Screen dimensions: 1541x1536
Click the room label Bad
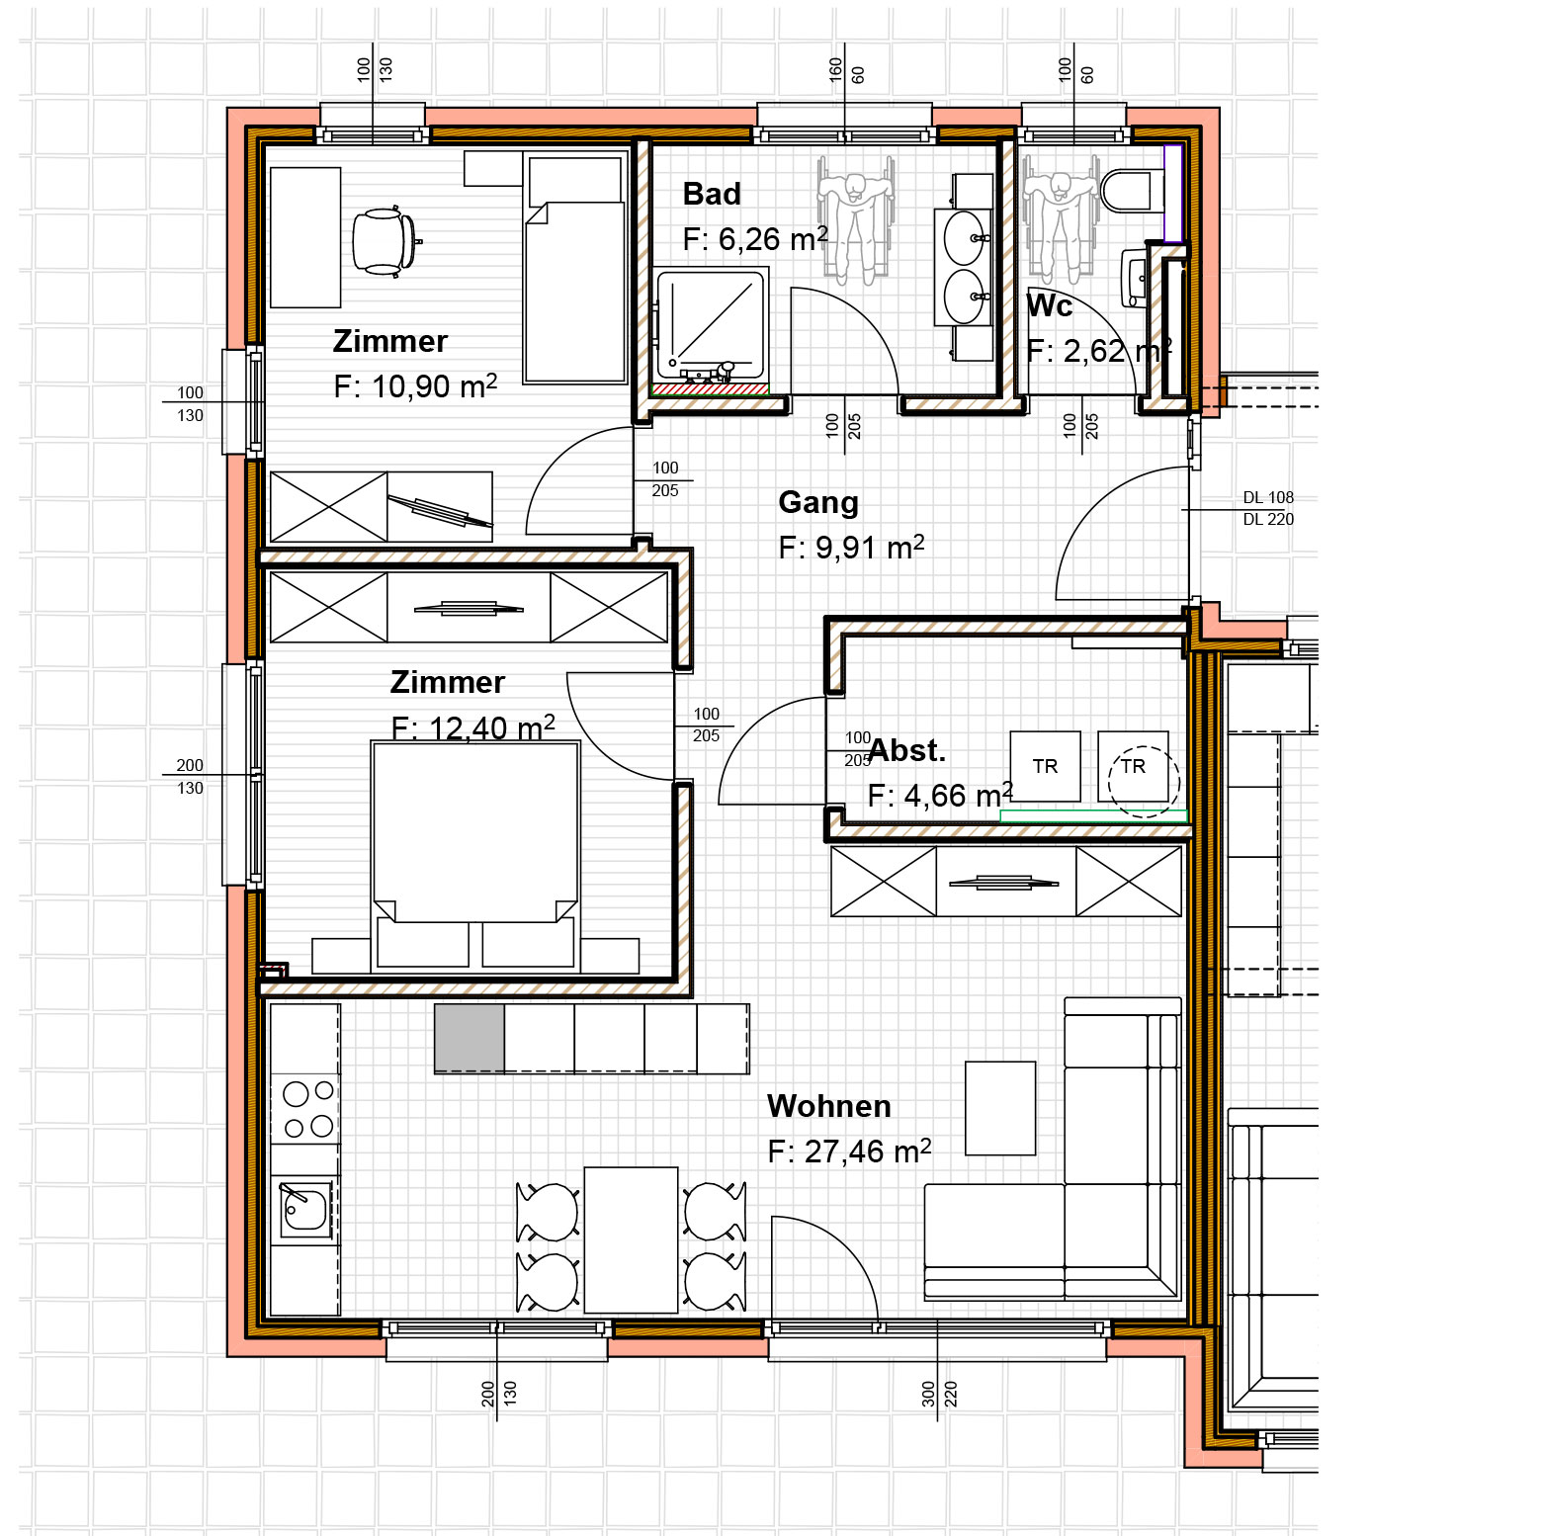click(712, 194)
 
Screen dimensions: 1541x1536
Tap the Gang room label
click(818, 503)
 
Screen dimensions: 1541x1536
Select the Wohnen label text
click(829, 1106)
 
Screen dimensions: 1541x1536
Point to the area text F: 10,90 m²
click(415, 385)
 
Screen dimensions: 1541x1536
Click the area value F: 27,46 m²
click(849, 1151)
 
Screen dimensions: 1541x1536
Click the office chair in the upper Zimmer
click(385, 240)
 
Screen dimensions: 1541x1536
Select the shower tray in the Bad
click(711, 325)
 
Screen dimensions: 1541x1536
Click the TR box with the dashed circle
click(1134, 766)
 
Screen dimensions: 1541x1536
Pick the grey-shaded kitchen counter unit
click(470, 1038)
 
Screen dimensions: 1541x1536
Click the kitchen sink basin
click(305, 1207)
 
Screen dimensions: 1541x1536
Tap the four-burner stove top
click(308, 1109)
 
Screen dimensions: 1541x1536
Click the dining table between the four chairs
click(631, 1239)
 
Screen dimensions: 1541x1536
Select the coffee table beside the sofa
click(1000, 1108)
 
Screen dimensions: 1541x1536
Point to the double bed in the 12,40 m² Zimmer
click(475, 855)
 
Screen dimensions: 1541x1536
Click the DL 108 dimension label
click(1268, 498)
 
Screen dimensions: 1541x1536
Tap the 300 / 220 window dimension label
click(940, 1394)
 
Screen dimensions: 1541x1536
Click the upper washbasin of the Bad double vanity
click(964, 238)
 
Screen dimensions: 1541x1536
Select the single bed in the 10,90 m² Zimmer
click(574, 269)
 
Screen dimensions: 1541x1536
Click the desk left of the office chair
click(305, 237)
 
